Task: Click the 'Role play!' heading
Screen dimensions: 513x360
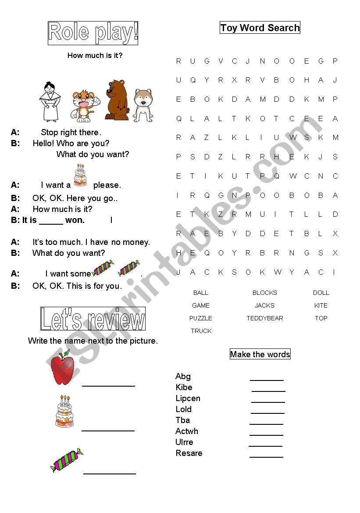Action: coord(93,33)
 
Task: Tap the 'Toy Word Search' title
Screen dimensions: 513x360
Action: coord(260,28)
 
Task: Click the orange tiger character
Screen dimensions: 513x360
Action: coord(83,106)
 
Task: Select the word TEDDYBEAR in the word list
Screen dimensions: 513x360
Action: coord(265,318)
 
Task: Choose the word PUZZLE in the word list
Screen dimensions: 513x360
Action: coord(201,318)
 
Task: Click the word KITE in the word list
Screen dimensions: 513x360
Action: coord(321,305)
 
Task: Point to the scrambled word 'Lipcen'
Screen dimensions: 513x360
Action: coord(188,398)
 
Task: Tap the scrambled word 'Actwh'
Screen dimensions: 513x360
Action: coord(187,431)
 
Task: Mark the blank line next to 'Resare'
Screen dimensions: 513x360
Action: coord(266,456)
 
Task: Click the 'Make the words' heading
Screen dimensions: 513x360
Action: coord(260,355)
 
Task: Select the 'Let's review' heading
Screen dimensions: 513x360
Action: coord(93,319)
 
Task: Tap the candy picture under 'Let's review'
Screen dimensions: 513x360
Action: coord(67,460)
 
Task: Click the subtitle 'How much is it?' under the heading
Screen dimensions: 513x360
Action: coord(95,56)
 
